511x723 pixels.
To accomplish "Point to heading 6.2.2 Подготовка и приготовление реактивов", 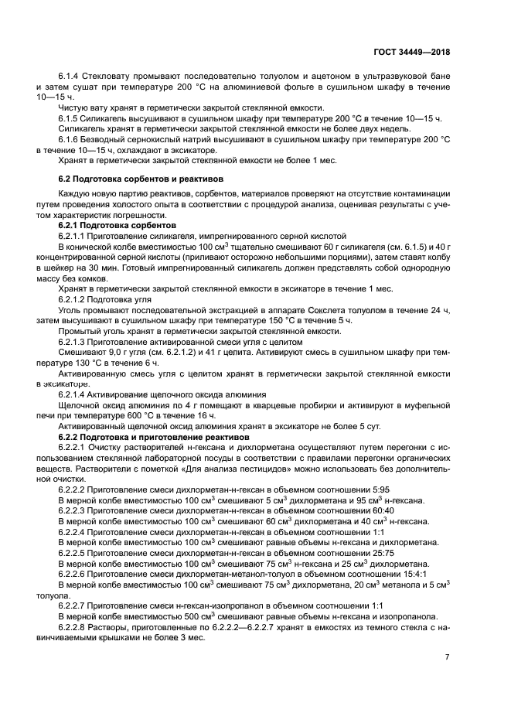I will click(144, 438).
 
